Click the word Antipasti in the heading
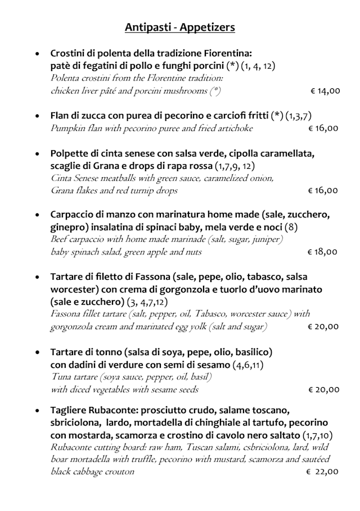click(x=148, y=26)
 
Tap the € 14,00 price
click(x=325, y=90)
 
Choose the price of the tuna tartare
click(x=324, y=389)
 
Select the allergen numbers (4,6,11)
click(x=249, y=365)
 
